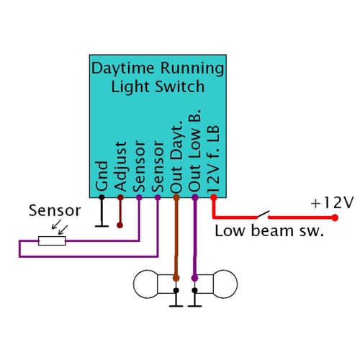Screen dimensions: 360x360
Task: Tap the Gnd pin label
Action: tap(102, 177)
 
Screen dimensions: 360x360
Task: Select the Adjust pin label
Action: tap(121, 166)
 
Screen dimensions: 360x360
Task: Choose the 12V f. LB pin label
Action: tap(214, 158)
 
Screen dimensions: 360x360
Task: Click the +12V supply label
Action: tap(332, 203)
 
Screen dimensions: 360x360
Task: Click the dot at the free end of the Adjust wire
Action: tap(120, 225)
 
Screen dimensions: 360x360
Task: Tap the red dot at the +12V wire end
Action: tap(334, 215)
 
